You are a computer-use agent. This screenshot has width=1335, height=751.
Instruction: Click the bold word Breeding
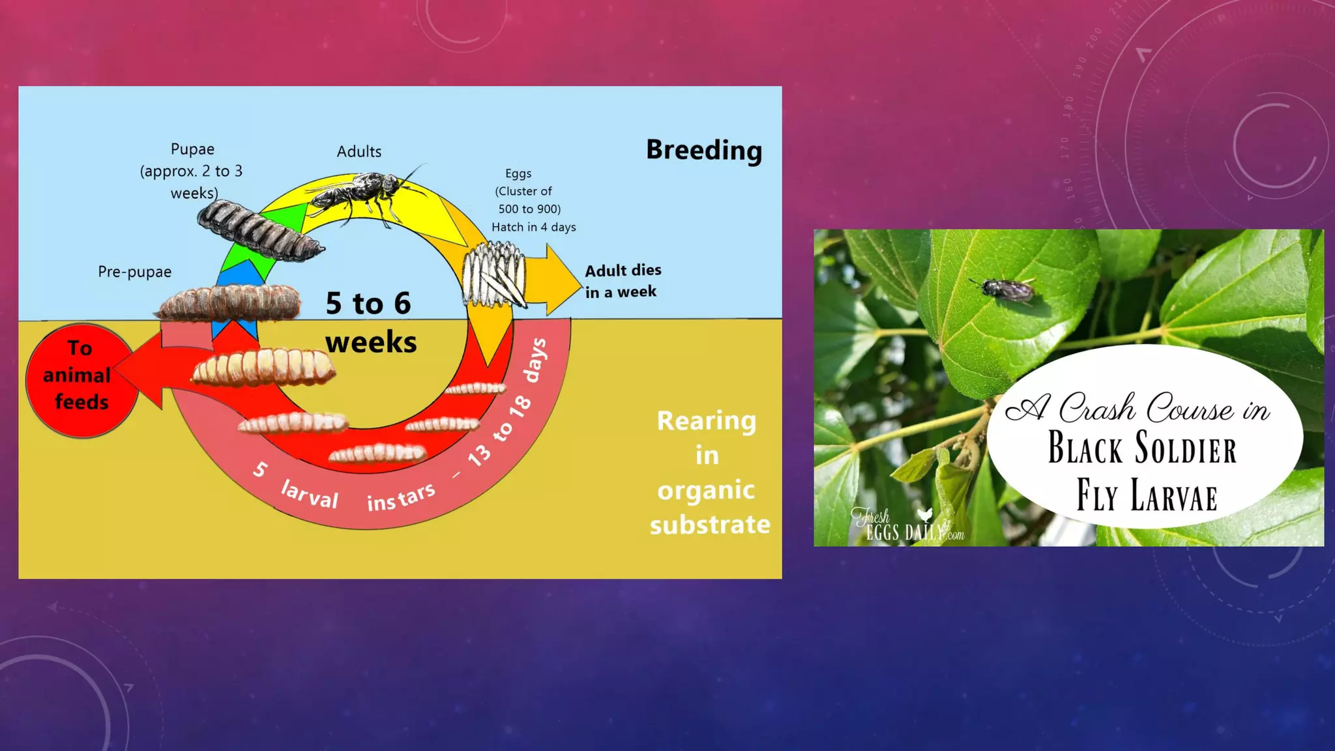[704, 150]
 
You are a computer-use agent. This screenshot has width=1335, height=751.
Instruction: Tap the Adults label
[359, 151]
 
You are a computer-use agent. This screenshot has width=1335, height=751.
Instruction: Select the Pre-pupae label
[134, 272]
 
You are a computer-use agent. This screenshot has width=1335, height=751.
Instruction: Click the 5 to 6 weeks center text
[370, 322]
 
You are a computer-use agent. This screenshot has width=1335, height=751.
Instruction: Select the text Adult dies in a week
[623, 281]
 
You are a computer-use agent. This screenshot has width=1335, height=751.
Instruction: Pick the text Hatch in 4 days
[533, 227]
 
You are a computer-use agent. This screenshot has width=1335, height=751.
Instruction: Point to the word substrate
[710, 524]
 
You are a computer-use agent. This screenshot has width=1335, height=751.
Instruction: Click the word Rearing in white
[707, 421]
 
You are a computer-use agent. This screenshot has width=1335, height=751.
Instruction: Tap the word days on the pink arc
[536, 360]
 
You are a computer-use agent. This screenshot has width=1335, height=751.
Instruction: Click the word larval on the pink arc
[310, 494]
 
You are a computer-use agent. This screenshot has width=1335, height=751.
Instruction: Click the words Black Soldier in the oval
[1141, 448]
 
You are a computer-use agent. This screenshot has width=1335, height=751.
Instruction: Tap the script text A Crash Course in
[1137, 409]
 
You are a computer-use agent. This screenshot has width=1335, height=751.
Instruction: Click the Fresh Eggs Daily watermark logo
[907, 525]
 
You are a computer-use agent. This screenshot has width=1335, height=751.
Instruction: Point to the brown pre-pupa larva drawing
[229, 302]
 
